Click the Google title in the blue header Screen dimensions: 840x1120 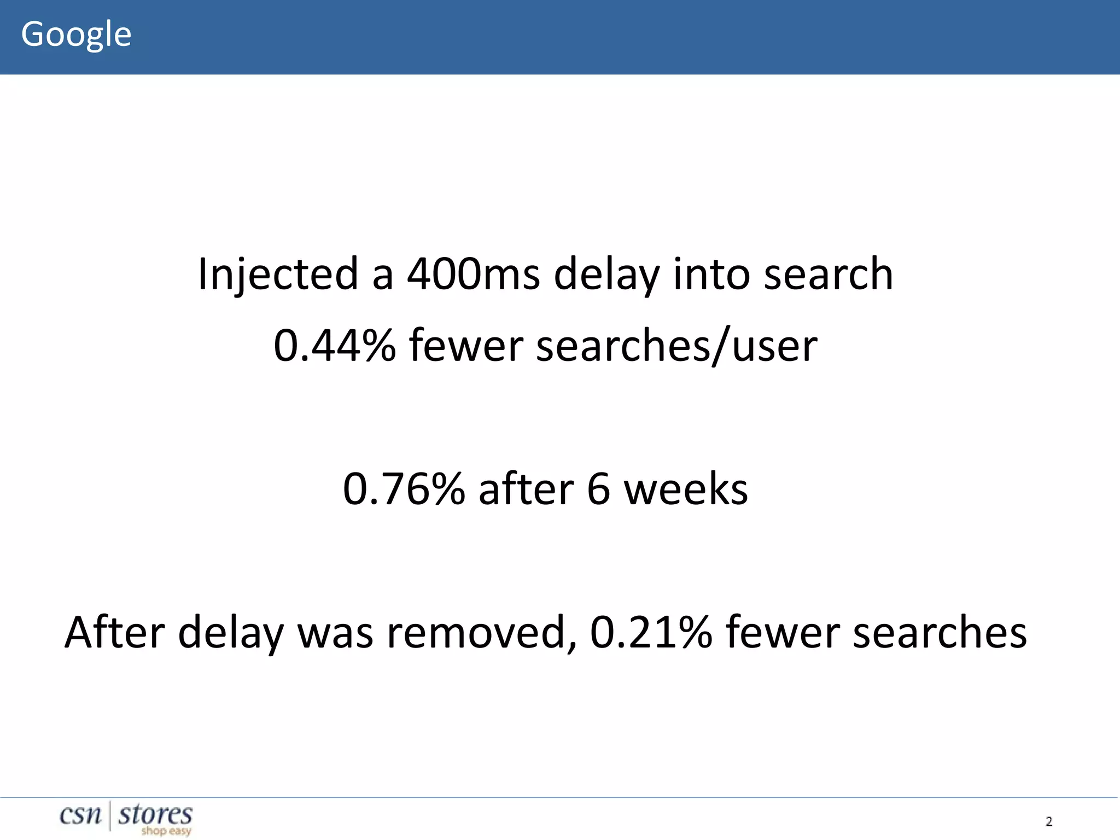pyautogui.click(x=76, y=34)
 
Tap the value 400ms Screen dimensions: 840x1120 pyautogui.click(x=474, y=274)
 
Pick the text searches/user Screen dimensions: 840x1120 pyautogui.click(x=676, y=346)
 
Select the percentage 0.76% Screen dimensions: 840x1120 pyautogui.click(x=404, y=489)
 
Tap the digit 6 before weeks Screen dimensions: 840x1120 pyautogui.click(x=598, y=489)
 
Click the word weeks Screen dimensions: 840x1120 pyautogui.click(x=686, y=489)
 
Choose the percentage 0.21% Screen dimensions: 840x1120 pyautogui.click(x=651, y=633)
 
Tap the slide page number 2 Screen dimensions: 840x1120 pyautogui.click(x=1049, y=821)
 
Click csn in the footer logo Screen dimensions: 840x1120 pyautogui.click(x=80, y=815)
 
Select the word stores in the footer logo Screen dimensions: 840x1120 pyautogui.click(x=155, y=814)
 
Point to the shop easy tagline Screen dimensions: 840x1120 pyautogui.click(x=166, y=831)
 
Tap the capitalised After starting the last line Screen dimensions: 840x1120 pyautogui.click(x=115, y=633)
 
